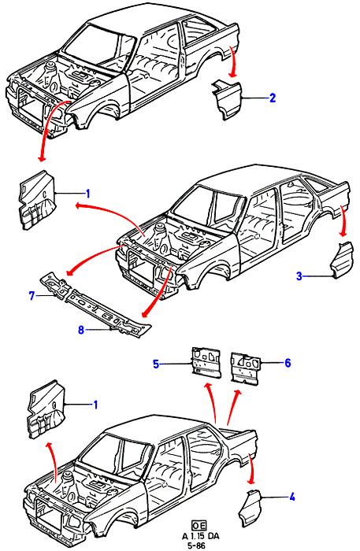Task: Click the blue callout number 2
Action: pos(272,98)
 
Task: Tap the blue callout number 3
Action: pos(299,276)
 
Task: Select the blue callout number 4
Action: pos(291,497)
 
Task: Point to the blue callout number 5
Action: pos(156,364)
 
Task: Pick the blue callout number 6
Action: pos(288,363)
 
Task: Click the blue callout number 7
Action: pos(32,296)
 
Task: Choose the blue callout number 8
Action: pos(81,330)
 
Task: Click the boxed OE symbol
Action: pos(199,525)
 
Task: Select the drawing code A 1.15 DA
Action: pos(200,536)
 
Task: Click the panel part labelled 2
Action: pos(227,100)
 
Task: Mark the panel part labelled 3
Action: pos(341,260)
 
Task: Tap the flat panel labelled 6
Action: pos(246,367)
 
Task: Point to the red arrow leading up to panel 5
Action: pos(213,402)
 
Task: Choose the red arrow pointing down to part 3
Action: pos(343,220)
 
